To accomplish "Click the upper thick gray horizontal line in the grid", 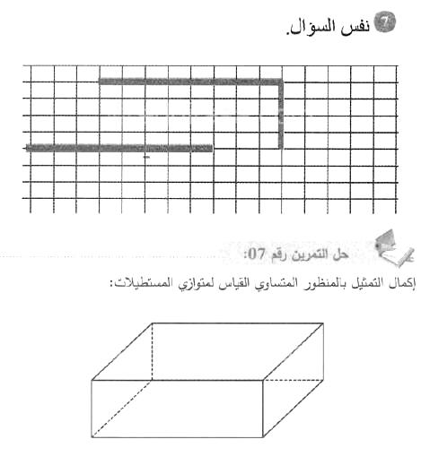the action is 189,82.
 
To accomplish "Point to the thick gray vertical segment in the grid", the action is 282,115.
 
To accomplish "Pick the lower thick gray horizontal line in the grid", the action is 117,148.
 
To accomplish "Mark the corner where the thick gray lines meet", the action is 282,82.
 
